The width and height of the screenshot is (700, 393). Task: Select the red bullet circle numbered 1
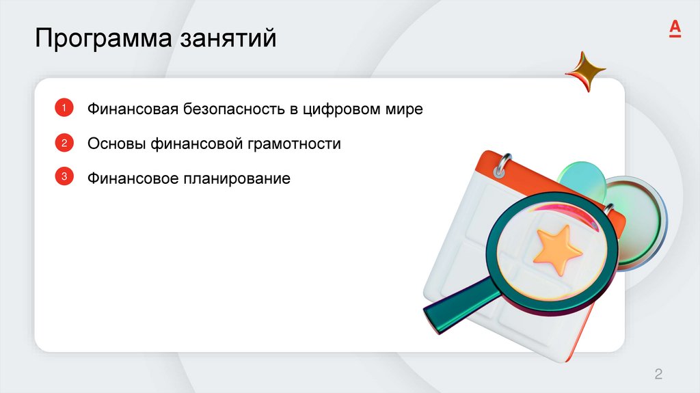[x=64, y=108]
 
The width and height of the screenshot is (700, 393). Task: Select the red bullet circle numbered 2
[x=64, y=143]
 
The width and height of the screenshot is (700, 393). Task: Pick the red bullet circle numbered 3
[x=64, y=177]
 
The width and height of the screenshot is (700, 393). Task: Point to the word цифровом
[x=348, y=109]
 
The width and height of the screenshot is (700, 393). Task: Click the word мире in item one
[x=406, y=109]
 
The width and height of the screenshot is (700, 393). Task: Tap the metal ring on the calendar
[x=504, y=164]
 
